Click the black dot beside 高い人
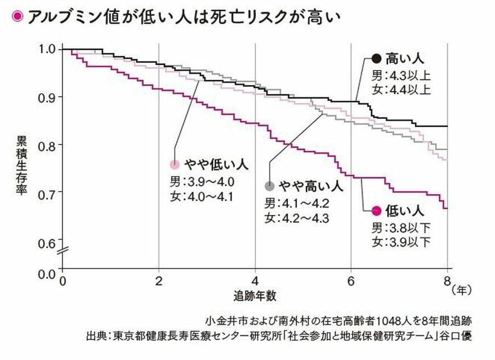pos(376,59)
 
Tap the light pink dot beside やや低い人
pos(175,165)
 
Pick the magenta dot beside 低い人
pos(376,211)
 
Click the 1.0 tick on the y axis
pos(47,49)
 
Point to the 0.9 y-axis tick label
pos(47,97)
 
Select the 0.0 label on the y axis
pos(47,274)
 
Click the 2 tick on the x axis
pos(159,282)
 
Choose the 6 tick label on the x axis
pos(351,282)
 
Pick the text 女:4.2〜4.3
pos(296,218)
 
